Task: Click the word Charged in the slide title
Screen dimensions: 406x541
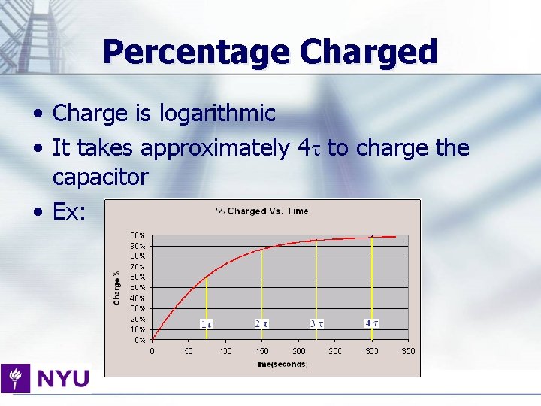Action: pos(368,53)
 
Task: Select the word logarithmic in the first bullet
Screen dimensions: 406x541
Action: pos(217,114)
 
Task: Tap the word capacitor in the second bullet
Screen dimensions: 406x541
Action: pos(100,177)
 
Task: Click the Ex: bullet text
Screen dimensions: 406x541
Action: pos(70,212)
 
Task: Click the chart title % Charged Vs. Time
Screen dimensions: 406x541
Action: pos(262,211)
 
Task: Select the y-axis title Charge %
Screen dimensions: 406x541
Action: pos(117,287)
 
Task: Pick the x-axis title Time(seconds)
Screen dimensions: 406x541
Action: pos(280,365)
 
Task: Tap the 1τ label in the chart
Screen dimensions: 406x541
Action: pos(206,324)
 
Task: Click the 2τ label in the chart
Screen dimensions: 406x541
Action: pos(261,323)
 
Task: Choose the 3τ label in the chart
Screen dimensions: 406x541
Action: pos(316,323)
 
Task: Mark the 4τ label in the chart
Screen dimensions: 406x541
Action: pos(371,323)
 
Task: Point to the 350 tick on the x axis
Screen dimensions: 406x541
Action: pos(408,351)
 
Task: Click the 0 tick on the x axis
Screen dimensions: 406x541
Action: pos(153,351)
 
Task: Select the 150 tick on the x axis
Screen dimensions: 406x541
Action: pos(261,351)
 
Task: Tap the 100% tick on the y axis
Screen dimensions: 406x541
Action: pos(136,235)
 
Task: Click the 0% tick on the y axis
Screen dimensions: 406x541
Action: pos(139,340)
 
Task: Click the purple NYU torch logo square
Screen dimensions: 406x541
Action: pos(15,377)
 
